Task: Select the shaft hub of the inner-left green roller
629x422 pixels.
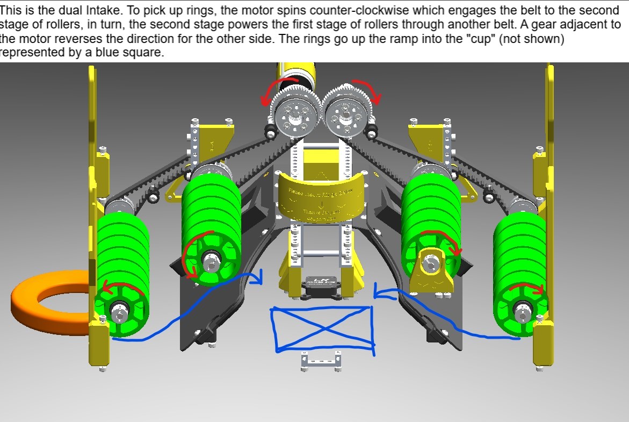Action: [211, 259]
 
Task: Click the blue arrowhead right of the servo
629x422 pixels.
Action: [379, 294]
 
